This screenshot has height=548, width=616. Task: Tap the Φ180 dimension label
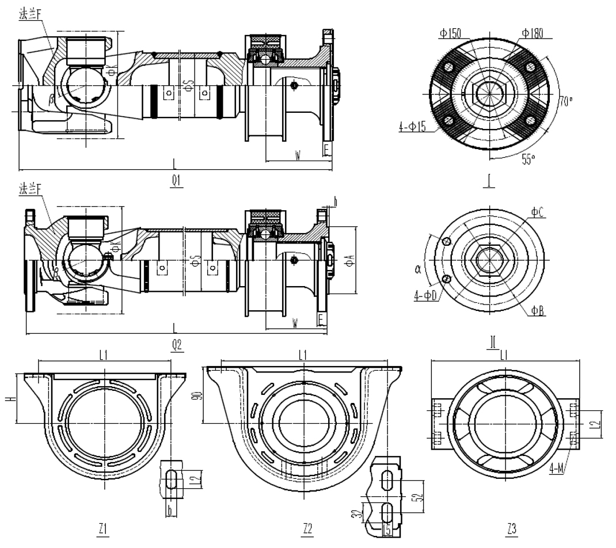pyautogui.click(x=534, y=32)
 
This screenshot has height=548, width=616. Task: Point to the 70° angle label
pyautogui.click(x=566, y=102)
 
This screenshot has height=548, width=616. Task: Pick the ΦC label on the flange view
pyautogui.click(x=538, y=212)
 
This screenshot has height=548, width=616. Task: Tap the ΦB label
pyautogui.click(x=538, y=310)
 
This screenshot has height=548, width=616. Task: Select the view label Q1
pyautogui.click(x=176, y=181)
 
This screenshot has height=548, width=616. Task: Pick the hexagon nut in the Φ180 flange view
pyautogui.click(x=488, y=92)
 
